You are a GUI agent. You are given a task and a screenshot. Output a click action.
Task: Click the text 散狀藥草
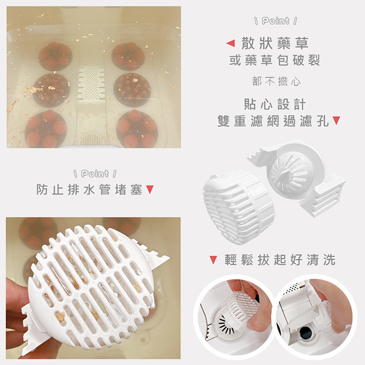(275, 43)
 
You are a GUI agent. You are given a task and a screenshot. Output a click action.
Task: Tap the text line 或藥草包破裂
(275, 60)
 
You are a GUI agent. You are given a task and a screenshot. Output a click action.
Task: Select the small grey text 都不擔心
(276, 81)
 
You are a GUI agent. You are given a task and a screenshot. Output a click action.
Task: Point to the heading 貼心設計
(275, 104)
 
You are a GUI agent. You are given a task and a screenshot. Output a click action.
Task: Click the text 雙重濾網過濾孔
(273, 121)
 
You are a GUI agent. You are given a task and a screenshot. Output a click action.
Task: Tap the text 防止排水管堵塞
(89, 189)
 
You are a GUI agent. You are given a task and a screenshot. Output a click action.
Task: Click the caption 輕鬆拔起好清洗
(280, 260)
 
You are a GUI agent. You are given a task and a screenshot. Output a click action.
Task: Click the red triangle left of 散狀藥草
(230, 43)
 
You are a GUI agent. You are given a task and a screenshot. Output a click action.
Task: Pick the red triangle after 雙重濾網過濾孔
(336, 121)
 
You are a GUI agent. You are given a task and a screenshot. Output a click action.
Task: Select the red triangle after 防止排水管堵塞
(150, 189)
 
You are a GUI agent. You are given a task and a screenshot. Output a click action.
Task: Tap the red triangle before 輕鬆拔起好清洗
(213, 260)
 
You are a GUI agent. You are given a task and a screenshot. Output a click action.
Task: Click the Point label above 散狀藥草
(276, 21)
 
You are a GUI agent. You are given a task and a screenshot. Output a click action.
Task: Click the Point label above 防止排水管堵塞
(95, 174)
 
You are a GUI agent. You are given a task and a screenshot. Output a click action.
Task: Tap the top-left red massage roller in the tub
(56, 56)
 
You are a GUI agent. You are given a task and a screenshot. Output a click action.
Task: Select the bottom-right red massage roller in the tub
(137, 129)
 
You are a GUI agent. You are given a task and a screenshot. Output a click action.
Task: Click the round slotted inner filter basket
(289, 174)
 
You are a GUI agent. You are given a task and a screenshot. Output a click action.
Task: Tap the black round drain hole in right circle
(305, 333)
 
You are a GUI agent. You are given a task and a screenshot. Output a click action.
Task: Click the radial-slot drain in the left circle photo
(226, 325)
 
